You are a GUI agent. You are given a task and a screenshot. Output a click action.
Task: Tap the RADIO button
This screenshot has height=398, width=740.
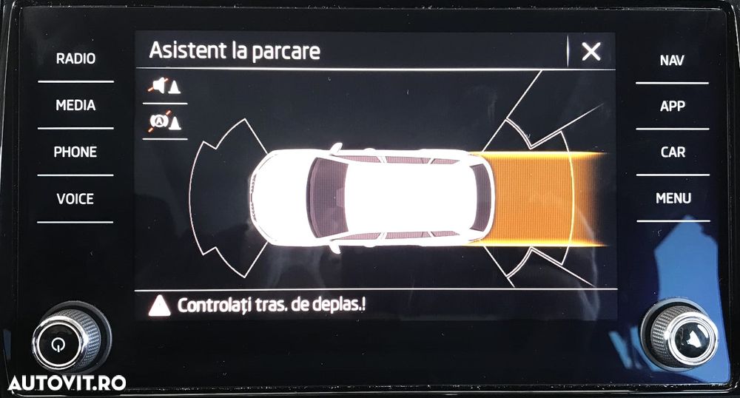coord(75,58)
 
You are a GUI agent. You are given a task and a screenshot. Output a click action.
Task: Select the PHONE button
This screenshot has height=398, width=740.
coord(75,152)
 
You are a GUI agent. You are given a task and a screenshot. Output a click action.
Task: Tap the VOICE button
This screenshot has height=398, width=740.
coord(75,198)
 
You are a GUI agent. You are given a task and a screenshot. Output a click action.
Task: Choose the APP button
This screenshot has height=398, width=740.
coord(672,106)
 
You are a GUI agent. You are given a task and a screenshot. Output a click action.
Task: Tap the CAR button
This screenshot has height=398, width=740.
coord(672,152)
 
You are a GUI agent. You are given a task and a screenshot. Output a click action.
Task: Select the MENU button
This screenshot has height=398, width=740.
coord(673,198)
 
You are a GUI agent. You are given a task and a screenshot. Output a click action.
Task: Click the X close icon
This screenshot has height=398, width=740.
coord(591,51)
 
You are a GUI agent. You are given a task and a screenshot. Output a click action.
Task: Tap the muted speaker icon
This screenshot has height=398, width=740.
coord(164,86)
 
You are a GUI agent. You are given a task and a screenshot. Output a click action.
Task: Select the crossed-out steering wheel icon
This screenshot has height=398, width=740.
coord(164,121)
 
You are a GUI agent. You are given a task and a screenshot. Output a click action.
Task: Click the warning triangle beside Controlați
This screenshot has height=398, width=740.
coord(159,305)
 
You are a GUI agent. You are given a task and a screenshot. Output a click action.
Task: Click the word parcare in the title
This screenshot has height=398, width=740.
coord(285,51)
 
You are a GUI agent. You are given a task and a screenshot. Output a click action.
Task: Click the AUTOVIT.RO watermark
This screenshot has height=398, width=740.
coord(67,382)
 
